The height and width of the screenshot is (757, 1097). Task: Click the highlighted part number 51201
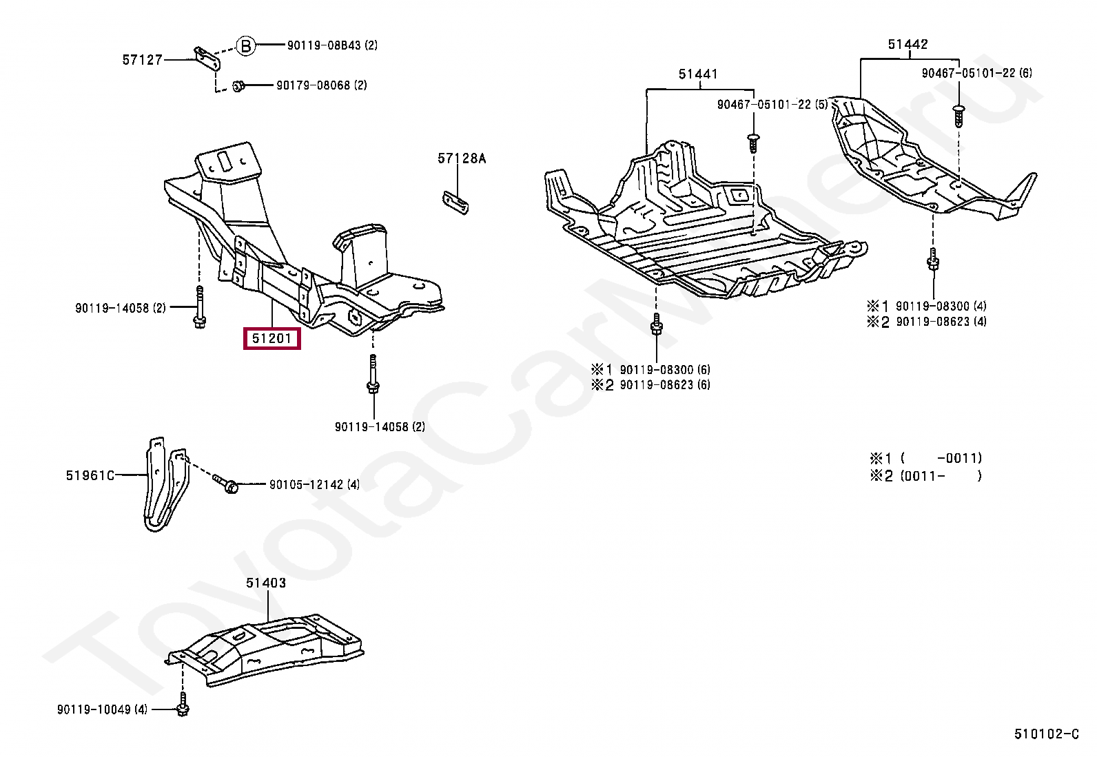[x=271, y=338]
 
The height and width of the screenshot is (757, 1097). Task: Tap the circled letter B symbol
[x=246, y=46]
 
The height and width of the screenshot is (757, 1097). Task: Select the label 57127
[x=142, y=60]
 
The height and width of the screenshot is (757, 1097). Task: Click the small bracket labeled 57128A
[x=455, y=203]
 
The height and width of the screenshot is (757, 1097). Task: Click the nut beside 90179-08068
[x=238, y=86]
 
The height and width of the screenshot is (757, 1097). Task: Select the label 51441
[x=698, y=74]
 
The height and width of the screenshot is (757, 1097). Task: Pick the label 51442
[x=908, y=45]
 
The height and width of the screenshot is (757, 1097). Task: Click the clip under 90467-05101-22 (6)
[x=958, y=116]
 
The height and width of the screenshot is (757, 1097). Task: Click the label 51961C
[x=90, y=475]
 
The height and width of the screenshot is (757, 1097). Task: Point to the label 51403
[x=266, y=583]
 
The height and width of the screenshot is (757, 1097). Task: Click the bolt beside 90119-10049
[x=183, y=705]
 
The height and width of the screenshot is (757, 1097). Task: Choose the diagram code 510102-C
[x=1047, y=734]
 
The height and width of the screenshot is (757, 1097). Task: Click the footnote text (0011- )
[x=941, y=476]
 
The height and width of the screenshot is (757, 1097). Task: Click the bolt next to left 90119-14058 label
[x=199, y=307]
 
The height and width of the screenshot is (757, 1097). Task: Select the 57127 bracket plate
[x=207, y=59]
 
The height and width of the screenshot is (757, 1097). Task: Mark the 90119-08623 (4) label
[x=941, y=322]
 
